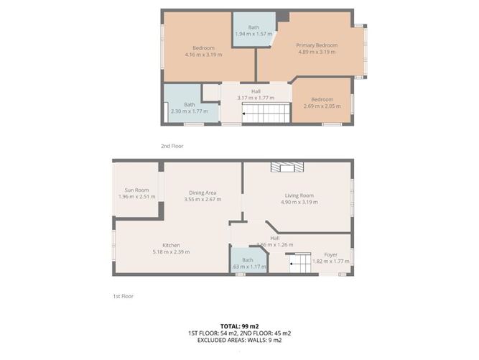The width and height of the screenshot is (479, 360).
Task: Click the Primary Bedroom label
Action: pyautogui.click(x=317, y=45)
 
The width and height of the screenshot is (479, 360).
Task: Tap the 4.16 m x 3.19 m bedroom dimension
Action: pyautogui.click(x=203, y=55)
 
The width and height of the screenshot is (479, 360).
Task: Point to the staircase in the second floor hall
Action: pyautogui.click(x=264, y=113)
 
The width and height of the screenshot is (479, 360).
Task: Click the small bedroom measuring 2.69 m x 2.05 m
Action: pyautogui.click(x=322, y=103)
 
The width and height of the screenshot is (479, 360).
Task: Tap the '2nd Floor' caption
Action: pyautogui.click(x=172, y=146)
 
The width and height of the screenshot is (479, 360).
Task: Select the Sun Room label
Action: pyautogui.click(x=136, y=190)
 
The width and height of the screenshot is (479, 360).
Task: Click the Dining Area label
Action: pyautogui.click(x=203, y=193)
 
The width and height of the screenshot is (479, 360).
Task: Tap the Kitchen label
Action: pyautogui.click(x=171, y=245)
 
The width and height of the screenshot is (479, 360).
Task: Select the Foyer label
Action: pyautogui.click(x=330, y=254)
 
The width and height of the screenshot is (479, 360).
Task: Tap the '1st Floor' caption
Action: pyautogui.click(x=123, y=295)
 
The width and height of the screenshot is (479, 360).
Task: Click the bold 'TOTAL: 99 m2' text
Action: pyautogui.click(x=239, y=326)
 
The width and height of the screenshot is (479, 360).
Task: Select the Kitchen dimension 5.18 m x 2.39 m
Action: pyautogui.click(x=171, y=252)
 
